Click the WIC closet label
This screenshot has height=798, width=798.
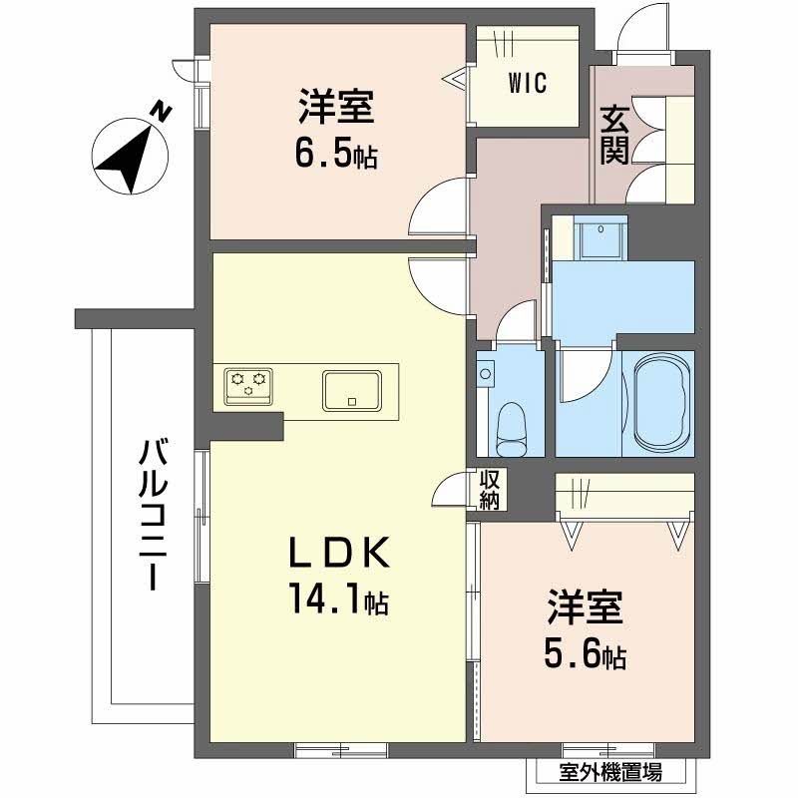(528, 84)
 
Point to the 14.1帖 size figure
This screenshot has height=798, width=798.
(337, 600)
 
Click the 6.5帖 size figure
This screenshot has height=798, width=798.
(337, 155)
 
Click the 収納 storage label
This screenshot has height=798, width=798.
(489, 489)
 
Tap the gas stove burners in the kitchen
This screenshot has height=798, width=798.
(248, 382)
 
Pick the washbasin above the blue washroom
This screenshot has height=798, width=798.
(600, 237)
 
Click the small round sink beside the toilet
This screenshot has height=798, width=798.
(486, 372)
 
